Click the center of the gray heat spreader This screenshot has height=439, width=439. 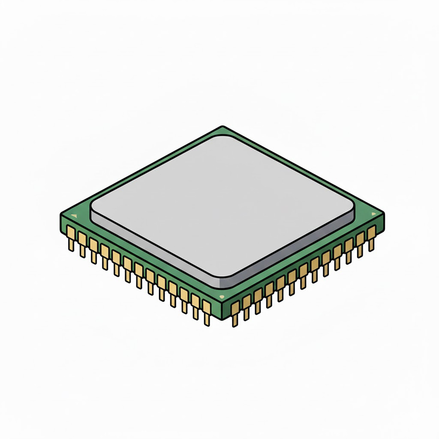pyautogui.click(x=222, y=204)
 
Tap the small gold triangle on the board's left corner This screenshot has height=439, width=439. pyautogui.click(x=73, y=216)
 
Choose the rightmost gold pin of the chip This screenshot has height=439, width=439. pyautogui.click(x=371, y=237)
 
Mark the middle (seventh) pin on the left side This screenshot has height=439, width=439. pyautogui.click(x=139, y=274)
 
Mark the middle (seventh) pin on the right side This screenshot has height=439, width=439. pyautogui.click(x=303, y=274)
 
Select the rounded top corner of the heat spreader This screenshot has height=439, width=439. pyautogui.click(x=222, y=136)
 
